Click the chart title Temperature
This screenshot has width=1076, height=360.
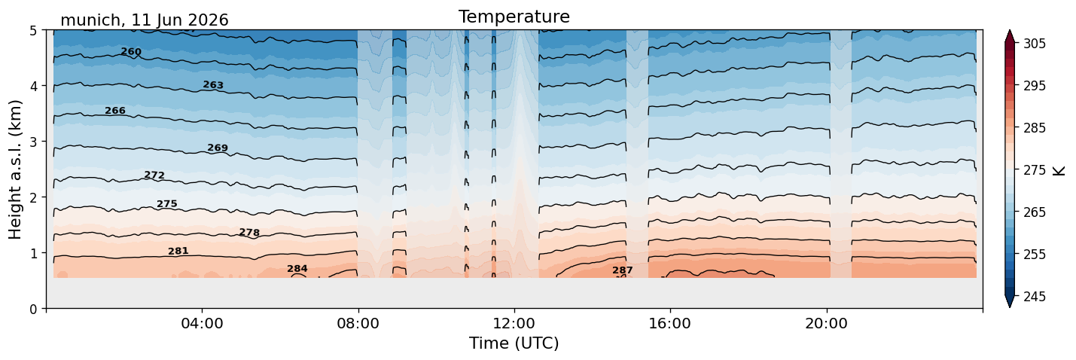tap(514, 17)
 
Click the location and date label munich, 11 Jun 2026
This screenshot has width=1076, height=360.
tap(145, 20)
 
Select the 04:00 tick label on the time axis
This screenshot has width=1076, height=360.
tap(202, 323)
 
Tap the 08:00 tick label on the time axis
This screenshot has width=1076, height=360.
tap(358, 323)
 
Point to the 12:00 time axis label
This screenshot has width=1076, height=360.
tap(514, 323)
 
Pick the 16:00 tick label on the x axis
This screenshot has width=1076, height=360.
tap(670, 323)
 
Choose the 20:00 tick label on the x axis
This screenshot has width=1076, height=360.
tap(826, 323)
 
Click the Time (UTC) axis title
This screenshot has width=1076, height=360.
tap(514, 343)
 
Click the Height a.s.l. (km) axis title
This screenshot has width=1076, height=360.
tap(15, 169)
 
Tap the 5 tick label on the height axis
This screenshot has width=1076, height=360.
tap(34, 31)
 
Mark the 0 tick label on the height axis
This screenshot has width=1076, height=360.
tap(34, 309)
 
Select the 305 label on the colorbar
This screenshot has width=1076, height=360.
tap(1035, 44)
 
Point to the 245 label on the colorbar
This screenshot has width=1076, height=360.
tap(1035, 297)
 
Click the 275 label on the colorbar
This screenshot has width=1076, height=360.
tap(1035, 170)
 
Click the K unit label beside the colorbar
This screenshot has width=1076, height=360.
tap(1059, 170)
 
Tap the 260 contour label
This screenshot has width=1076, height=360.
tap(131, 52)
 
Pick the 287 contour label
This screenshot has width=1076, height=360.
tap(623, 270)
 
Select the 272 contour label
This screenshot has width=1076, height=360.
tap(154, 175)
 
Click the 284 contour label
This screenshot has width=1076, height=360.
tap(297, 269)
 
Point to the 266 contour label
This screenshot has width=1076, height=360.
tap(115, 111)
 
